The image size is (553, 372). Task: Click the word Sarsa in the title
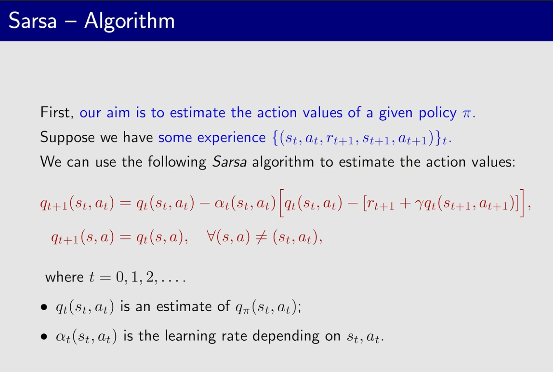tap(33, 21)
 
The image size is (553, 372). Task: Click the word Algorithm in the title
tap(129, 22)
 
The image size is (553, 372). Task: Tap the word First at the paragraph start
tap(56, 112)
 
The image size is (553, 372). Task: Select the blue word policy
tap(438, 114)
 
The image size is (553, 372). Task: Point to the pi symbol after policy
tap(466, 114)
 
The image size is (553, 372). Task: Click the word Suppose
tap(67, 137)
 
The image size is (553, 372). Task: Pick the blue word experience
tap(231, 138)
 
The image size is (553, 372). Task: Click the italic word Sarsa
tap(230, 162)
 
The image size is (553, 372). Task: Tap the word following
tap(177, 163)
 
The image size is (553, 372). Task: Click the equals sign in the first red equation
tap(125, 204)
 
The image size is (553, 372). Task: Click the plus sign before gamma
tap(404, 204)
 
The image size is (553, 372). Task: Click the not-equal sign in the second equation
tap(261, 238)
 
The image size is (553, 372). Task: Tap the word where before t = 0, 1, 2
tap(64, 277)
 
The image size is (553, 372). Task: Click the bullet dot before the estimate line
tap(44, 307)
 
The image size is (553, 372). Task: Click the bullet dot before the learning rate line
tap(44, 337)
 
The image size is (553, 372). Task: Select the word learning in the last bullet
tap(190, 337)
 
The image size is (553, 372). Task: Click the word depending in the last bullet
tap(286, 337)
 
